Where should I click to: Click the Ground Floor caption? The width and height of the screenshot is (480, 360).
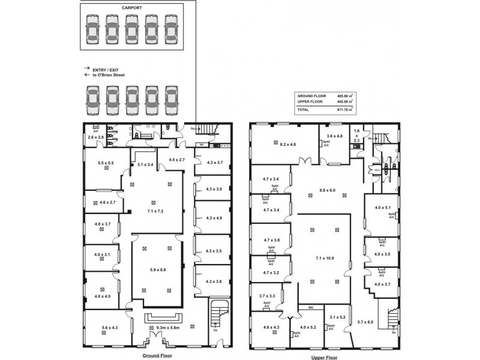[158, 355]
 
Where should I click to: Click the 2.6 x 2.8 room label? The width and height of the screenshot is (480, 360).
[95, 137]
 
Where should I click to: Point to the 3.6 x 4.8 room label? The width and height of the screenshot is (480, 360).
[335, 136]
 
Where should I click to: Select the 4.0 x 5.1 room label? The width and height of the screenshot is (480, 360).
[383, 207]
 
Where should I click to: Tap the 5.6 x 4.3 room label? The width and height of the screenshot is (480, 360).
[110, 327]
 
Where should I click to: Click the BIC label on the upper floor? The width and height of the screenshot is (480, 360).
[311, 307]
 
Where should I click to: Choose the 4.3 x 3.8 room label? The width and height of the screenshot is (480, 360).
[214, 281]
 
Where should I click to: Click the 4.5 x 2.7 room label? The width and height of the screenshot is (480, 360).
[176, 160]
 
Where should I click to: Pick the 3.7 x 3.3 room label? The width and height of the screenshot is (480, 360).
[267, 296]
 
